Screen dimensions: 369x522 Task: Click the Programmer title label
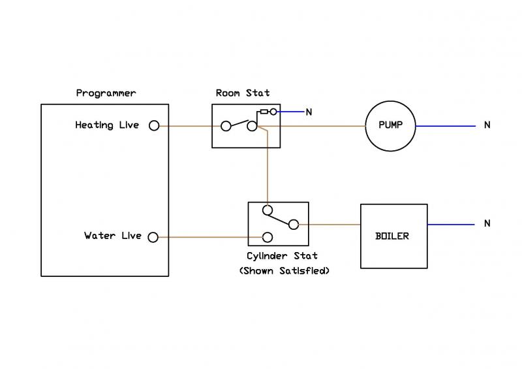[x=106, y=93]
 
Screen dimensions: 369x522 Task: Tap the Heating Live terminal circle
[x=154, y=125]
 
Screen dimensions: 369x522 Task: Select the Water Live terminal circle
[x=154, y=236]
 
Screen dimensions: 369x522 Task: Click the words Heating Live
[x=107, y=125]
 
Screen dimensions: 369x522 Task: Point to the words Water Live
[x=112, y=236]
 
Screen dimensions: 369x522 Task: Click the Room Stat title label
[x=243, y=93]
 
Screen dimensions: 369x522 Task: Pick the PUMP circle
[x=390, y=125]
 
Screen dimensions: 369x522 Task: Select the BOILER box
[x=393, y=236]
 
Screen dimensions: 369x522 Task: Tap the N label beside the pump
[x=487, y=125]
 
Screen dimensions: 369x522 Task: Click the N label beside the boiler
[x=487, y=224]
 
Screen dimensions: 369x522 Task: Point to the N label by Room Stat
[x=309, y=112]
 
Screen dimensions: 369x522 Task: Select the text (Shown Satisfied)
[x=284, y=270]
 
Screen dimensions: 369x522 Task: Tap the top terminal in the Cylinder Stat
[x=266, y=210]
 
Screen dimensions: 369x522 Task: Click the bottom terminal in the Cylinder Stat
[x=267, y=236]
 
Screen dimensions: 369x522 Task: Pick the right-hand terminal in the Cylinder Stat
[x=294, y=225]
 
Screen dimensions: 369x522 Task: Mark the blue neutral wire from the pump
[x=445, y=125]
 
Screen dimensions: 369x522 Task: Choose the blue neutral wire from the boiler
[x=450, y=225]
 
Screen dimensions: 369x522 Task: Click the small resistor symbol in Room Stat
[x=264, y=112]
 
